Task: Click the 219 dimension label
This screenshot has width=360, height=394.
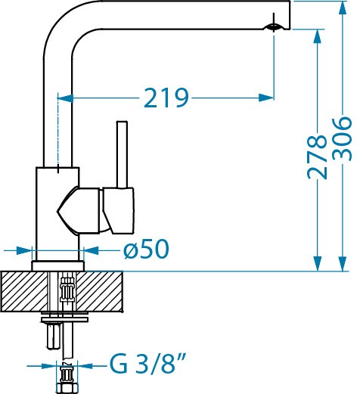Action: tap(166, 98)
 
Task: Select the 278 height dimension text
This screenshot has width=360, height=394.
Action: tap(317, 157)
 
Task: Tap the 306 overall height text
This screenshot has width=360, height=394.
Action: tap(342, 138)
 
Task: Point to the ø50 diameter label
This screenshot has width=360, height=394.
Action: tap(146, 249)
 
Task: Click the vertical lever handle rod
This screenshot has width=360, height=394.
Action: tap(122, 154)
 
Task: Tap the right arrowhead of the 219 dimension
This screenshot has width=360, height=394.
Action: tap(266, 98)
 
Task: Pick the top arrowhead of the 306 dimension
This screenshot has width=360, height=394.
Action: tap(342, 8)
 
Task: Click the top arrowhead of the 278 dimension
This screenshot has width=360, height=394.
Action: tap(318, 37)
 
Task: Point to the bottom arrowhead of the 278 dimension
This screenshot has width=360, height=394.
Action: tap(318, 264)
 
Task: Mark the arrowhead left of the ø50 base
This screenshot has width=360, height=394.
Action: tap(24, 250)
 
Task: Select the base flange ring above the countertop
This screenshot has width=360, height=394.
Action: tap(57, 266)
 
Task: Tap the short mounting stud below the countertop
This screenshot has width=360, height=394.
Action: tap(54, 336)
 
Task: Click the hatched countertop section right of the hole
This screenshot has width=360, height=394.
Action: tap(100, 291)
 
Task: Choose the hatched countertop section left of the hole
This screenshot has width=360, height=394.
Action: tap(24, 291)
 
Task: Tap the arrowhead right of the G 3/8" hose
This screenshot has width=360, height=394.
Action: tap(85, 366)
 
